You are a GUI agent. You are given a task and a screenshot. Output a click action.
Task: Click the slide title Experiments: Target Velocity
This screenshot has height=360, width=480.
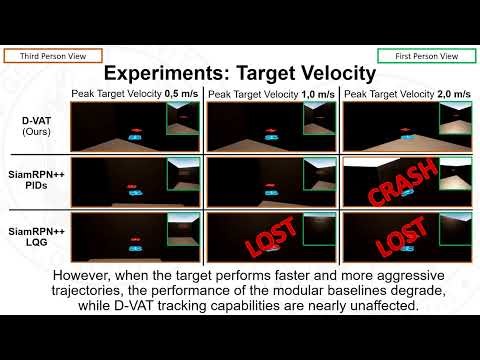click(x=240, y=74)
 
